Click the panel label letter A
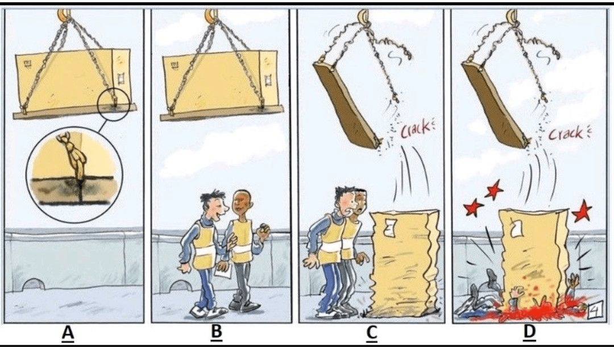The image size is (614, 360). point(68,333)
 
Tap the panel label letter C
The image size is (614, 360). point(372,333)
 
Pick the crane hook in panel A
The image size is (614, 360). point(64,15)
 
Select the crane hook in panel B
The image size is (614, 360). point(211,15)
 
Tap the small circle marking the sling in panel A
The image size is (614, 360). point(113,102)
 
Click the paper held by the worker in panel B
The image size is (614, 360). point(224,272)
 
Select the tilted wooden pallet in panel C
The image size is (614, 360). point(347,104)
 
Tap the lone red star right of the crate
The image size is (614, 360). point(582,212)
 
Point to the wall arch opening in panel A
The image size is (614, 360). point(34,284)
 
